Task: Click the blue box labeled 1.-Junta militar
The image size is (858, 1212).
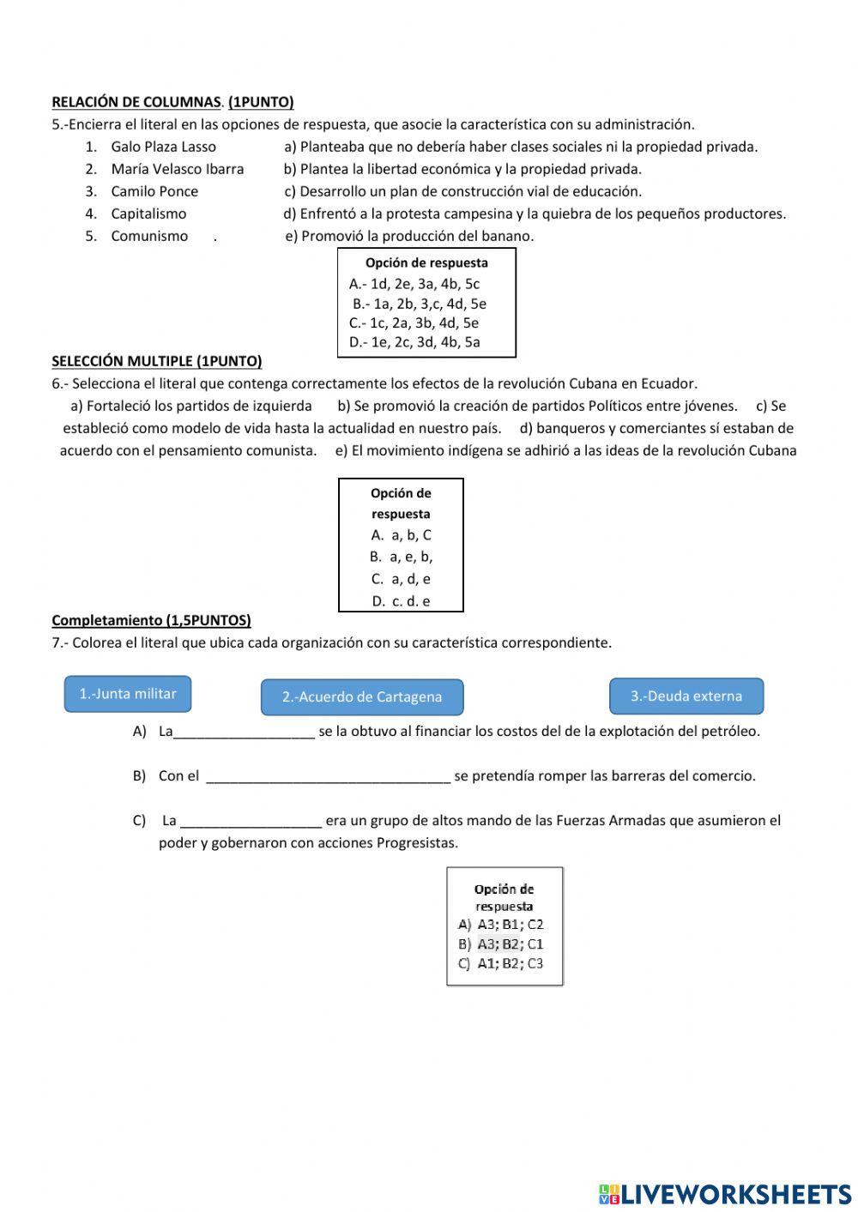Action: [128, 694]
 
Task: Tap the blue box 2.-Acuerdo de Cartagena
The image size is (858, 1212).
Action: [361, 696]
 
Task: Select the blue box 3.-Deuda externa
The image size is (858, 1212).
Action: [686, 696]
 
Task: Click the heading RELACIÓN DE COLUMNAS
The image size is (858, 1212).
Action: [136, 102]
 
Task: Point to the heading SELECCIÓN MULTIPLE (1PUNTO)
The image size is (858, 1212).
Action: [157, 361]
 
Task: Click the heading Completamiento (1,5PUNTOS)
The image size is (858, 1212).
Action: [151, 620]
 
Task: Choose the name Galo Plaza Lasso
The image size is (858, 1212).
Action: [163, 147]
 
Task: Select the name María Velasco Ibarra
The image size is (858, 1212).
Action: [177, 169]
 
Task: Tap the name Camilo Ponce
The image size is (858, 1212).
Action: [154, 191]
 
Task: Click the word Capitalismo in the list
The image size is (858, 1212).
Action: [148, 214]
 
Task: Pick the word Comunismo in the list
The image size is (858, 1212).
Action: [149, 236]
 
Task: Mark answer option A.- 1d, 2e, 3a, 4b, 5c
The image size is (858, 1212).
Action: [414, 284]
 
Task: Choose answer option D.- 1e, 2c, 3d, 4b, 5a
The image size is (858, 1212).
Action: [414, 342]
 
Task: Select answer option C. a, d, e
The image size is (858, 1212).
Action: [401, 579]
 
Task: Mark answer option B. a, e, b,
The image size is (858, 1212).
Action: [401, 557]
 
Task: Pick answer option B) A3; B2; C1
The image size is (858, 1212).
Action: [501, 944]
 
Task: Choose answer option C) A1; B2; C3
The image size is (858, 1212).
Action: [501, 963]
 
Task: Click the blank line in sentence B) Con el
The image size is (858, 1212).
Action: [329, 777]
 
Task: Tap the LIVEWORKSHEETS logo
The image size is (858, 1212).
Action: [725, 1194]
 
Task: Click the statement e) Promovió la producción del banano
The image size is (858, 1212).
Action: [409, 236]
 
